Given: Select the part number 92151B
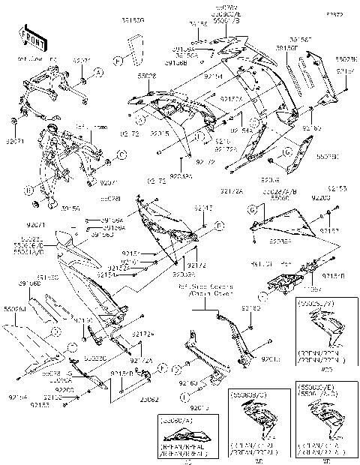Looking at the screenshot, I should [334, 276].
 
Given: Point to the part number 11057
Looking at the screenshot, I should [309, 287].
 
